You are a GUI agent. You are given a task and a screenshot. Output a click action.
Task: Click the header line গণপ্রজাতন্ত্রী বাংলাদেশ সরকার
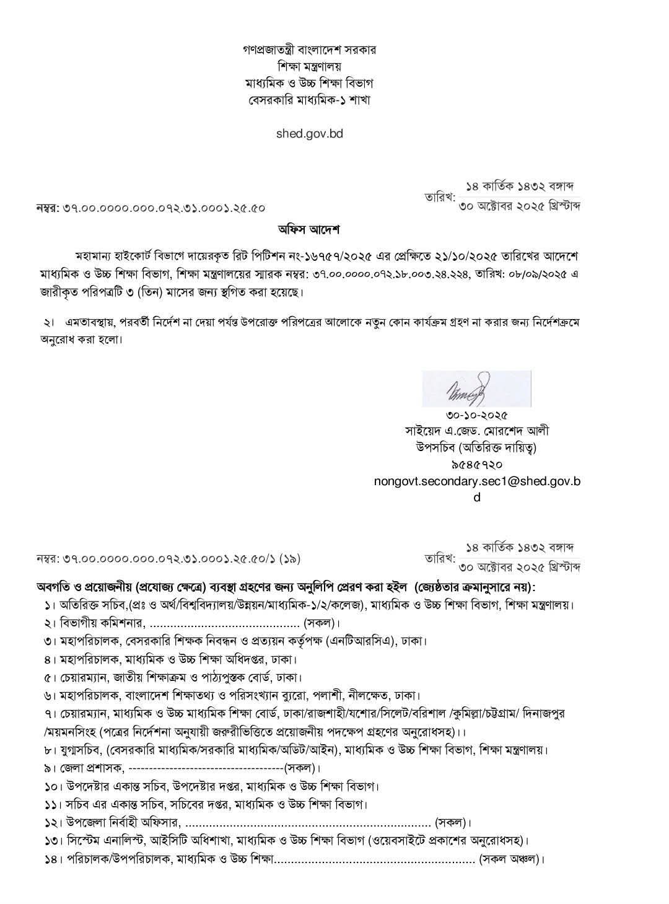tap(309, 50)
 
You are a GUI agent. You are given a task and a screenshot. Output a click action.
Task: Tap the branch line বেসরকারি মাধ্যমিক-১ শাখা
tap(309, 99)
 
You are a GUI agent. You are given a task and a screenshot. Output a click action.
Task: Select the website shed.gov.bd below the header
tap(309, 133)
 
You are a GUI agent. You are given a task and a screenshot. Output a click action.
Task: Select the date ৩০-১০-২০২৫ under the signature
tap(476, 416)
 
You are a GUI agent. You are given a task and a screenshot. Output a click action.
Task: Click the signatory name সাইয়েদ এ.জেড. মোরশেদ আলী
tap(476, 431)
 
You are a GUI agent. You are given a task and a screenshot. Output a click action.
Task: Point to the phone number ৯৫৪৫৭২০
tap(476, 463)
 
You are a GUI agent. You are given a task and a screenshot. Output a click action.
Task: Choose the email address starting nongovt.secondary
tap(476, 480)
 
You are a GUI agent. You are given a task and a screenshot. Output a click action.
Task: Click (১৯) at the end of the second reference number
tap(289, 558)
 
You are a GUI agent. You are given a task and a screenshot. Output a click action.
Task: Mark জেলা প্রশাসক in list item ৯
tap(92, 769)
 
